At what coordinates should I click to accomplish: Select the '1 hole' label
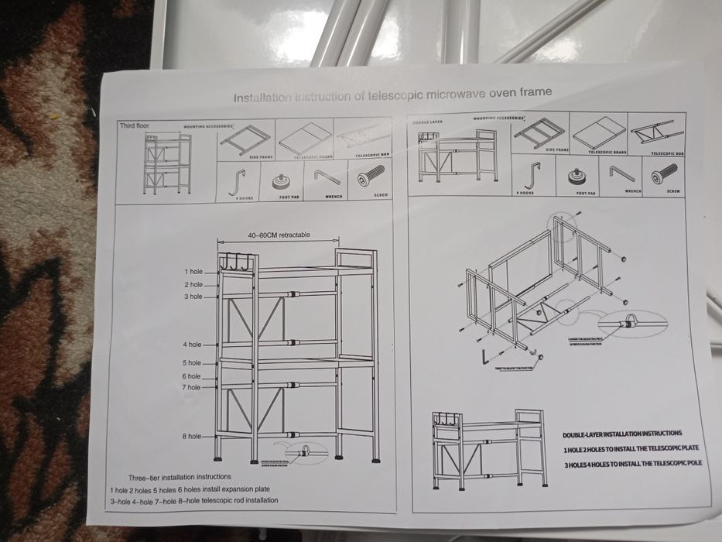[193, 272]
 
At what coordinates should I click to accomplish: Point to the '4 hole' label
[192, 345]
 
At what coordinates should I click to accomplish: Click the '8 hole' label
[192, 437]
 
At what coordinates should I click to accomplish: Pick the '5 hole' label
[192, 363]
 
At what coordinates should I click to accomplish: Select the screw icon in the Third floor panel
[371, 178]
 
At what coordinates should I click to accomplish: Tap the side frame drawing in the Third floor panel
[245, 140]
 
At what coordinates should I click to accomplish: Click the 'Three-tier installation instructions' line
[180, 477]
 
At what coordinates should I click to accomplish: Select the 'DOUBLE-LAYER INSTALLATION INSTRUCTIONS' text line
[622, 434]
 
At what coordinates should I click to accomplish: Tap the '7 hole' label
[192, 387]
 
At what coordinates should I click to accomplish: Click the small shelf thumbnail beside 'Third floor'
[167, 163]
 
